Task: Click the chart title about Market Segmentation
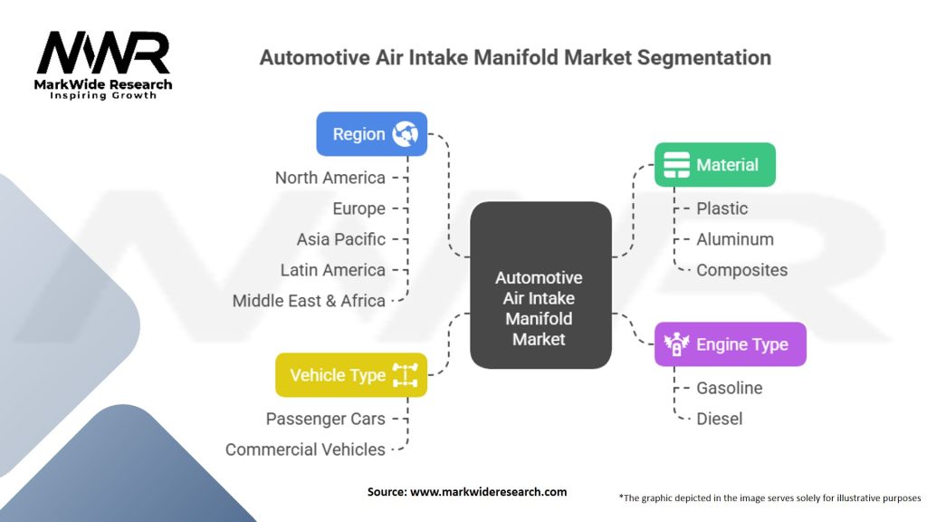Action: click(515, 58)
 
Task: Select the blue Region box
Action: click(371, 134)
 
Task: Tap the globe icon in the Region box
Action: click(404, 134)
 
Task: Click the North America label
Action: click(330, 178)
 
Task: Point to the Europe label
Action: click(358, 208)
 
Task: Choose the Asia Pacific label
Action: click(340, 239)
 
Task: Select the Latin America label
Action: click(332, 270)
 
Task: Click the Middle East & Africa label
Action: click(309, 301)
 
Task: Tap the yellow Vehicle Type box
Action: click(350, 375)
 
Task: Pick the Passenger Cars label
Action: click(325, 419)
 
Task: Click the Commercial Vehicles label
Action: click(305, 449)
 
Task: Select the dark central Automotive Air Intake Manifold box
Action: click(540, 285)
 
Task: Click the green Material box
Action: click(715, 165)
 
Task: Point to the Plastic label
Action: click(722, 208)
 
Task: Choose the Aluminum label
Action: click(734, 239)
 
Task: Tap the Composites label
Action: click(741, 270)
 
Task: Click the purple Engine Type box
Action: click(730, 344)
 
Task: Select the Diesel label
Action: click(719, 419)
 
